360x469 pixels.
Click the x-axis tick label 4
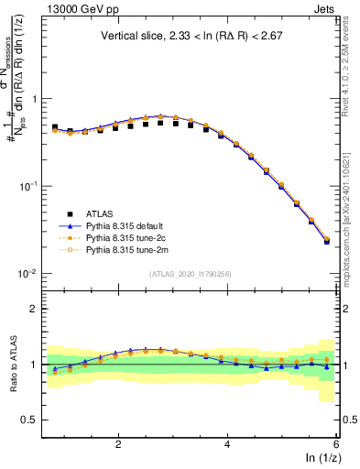(227, 443)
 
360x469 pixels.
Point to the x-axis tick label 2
(118, 443)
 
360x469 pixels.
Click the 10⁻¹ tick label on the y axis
(28, 186)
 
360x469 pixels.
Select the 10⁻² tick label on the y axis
(28, 274)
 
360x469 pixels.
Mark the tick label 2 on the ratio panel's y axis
(34, 309)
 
